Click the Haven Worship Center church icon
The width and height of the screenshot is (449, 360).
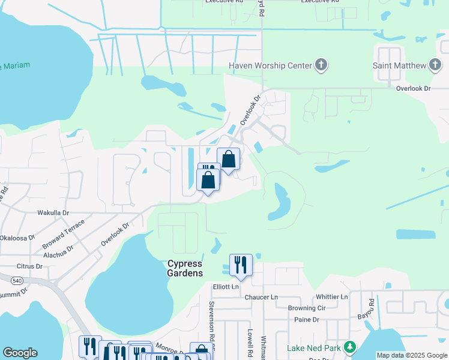[x=321, y=65]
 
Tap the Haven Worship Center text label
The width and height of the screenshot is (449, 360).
[x=270, y=65]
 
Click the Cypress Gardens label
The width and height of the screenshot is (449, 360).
[x=184, y=268]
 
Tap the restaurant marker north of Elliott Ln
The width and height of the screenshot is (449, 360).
[x=241, y=265]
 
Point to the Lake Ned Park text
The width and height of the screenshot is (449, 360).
[x=313, y=348]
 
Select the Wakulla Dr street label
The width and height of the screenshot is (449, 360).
[x=54, y=212]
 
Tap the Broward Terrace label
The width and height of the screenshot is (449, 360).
[x=64, y=234]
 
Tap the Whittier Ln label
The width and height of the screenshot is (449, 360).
[x=332, y=296]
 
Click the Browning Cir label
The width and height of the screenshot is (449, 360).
[x=306, y=308]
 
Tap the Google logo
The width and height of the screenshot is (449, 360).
[x=20, y=353]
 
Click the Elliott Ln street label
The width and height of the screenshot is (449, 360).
[x=226, y=287]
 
